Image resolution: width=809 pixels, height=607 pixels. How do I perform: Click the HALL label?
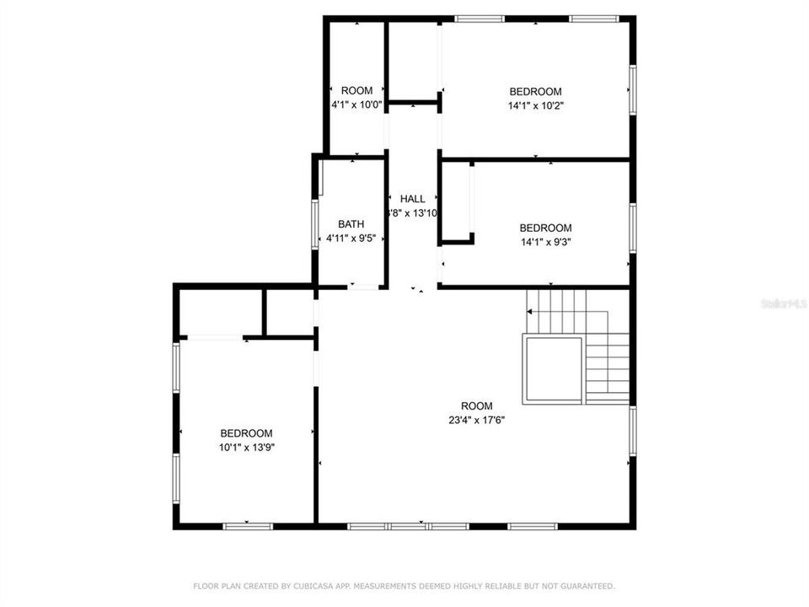point(413,199)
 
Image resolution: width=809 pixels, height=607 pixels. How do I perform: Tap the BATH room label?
point(351,224)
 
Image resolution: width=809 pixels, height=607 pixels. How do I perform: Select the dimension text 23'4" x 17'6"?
point(476,420)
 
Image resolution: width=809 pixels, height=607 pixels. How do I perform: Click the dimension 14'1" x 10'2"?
point(535,105)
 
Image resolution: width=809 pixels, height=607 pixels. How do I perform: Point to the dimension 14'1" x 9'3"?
point(545,242)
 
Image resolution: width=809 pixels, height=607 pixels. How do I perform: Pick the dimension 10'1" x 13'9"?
point(247,448)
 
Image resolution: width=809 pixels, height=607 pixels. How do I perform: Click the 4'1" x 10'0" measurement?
point(356,105)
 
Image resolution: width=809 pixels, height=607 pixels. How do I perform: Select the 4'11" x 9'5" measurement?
point(351,239)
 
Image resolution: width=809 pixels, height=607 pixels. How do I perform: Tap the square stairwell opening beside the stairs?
point(553,368)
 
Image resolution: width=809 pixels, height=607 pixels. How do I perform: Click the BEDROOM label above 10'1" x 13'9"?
point(247,433)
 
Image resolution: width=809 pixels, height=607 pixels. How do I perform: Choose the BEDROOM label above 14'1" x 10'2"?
point(535,91)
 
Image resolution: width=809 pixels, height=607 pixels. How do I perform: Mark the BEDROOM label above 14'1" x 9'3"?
point(545,228)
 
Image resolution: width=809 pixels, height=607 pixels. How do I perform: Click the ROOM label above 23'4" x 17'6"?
point(476,406)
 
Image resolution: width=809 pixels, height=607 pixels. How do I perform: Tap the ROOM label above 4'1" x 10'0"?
point(356,91)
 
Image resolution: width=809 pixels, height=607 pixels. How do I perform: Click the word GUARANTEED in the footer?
point(587,585)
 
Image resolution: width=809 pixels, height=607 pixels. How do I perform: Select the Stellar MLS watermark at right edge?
point(783,302)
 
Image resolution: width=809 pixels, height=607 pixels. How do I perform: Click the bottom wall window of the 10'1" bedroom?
point(248,526)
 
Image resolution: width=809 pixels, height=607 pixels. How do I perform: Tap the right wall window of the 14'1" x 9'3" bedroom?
point(632,228)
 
